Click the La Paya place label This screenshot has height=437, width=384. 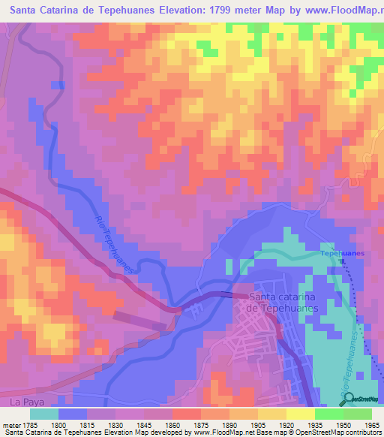[24, 402]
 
